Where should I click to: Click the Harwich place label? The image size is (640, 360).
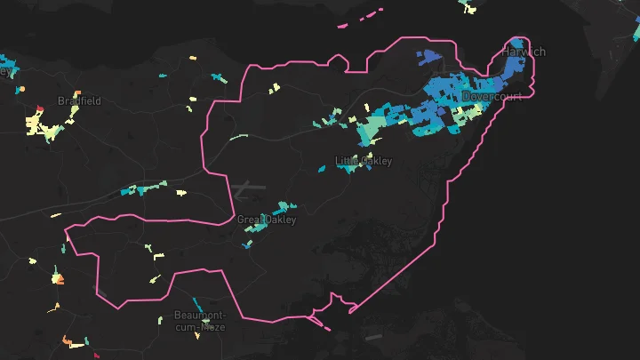point(523,52)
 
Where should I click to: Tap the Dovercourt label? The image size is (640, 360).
point(492,96)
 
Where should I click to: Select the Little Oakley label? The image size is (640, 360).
point(363,161)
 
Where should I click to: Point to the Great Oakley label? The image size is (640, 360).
point(266,220)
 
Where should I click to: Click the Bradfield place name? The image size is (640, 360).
point(79,101)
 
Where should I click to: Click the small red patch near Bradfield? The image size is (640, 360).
point(39,110)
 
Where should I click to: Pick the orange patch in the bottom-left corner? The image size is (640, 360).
point(67,339)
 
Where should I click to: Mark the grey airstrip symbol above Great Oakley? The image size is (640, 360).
point(244,188)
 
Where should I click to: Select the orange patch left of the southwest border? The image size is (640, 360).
point(58,279)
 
